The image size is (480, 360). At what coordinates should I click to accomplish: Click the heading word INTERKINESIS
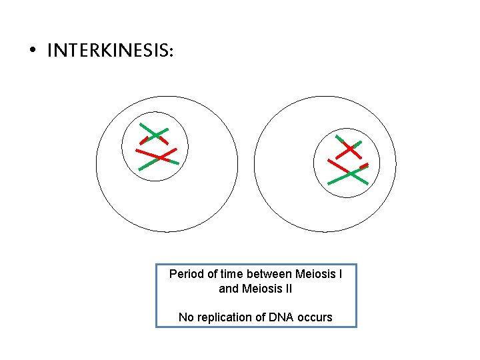(x=110, y=51)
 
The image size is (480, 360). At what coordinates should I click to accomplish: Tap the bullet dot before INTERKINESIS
(x=32, y=51)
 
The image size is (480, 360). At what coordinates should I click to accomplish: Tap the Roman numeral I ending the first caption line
(x=341, y=274)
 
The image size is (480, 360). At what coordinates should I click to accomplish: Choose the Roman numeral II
(x=287, y=289)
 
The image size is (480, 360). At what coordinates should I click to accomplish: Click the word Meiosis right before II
(x=261, y=289)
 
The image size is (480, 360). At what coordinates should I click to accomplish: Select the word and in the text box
(x=229, y=289)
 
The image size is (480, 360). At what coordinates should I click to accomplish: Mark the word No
(x=185, y=317)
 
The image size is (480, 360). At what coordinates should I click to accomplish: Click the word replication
(x=223, y=318)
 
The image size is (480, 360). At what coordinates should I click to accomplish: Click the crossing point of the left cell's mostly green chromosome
(x=155, y=135)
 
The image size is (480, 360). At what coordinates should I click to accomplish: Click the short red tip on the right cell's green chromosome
(x=363, y=165)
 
